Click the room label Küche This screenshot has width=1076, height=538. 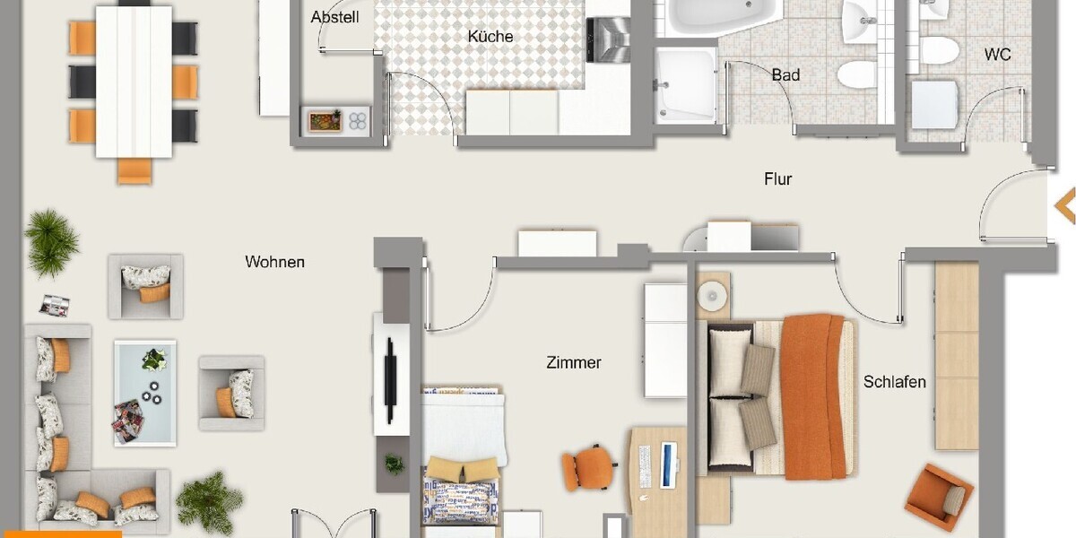(490, 37)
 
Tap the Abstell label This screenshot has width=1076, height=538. (334, 17)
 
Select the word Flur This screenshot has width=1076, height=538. (777, 179)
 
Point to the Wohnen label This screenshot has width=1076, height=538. (274, 262)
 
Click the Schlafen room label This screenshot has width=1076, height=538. (894, 382)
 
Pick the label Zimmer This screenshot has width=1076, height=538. (573, 363)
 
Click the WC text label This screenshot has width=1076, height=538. (997, 55)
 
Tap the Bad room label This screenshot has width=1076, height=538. (785, 75)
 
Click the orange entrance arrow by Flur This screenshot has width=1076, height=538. (1064, 205)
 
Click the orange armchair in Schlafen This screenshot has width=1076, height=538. (938, 497)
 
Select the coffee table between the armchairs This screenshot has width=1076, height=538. (144, 392)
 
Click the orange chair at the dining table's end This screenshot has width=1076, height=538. (134, 170)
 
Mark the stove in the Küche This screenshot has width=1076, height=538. (607, 39)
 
